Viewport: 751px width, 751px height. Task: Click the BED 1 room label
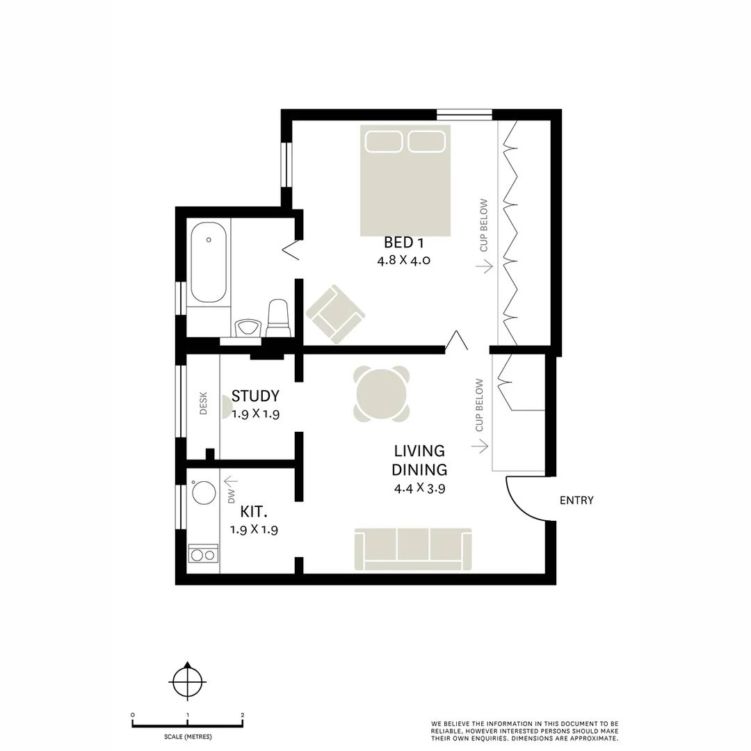tap(403, 243)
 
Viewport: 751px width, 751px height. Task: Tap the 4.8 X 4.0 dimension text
tap(403, 261)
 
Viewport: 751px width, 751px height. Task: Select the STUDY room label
tap(255, 396)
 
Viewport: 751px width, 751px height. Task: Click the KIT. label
tap(254, 512)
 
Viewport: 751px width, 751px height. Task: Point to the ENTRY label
tap(576, 500)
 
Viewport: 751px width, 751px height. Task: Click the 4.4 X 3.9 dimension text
tap(419, 488)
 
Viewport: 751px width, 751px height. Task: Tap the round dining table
tap(381, 394)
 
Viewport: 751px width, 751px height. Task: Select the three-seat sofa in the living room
tap(413, 549)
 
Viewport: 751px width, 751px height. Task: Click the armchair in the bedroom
tap(335, 314)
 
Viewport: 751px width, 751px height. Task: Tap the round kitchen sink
tap(204, 492)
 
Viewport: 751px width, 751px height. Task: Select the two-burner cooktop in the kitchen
tap(203, 555)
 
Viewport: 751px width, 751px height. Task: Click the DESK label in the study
tap(204, 403)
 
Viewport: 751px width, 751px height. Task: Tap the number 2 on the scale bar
tap(242, 715)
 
